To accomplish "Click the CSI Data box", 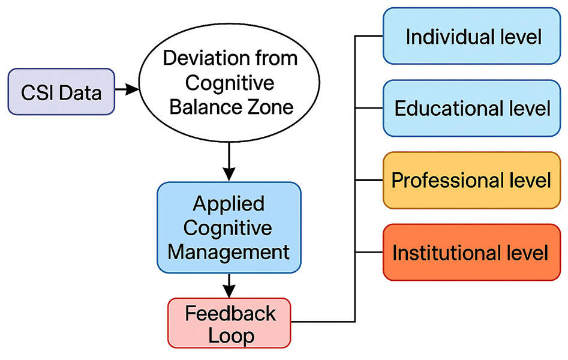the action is click(61, 92).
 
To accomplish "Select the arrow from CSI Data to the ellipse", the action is click(127, 89).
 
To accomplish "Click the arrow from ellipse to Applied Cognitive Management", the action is click(229, 161).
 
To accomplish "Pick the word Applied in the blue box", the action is click(229, 204).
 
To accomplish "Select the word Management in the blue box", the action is click(229, 252).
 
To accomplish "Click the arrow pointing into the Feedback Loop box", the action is click(229, 286).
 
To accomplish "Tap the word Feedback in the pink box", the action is click(230, 313).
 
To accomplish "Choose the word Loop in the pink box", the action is click(231, 336).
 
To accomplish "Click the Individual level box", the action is click(471, 36).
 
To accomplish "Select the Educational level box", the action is click(471, 108).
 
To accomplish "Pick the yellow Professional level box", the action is click(471, 180).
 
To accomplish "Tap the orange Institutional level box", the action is click(471, 253).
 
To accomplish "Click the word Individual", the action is click(448, 37).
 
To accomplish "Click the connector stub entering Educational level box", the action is click(369, 108).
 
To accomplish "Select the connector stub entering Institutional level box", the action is click(369, 253).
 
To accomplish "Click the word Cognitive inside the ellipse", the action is click(230, 83).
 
